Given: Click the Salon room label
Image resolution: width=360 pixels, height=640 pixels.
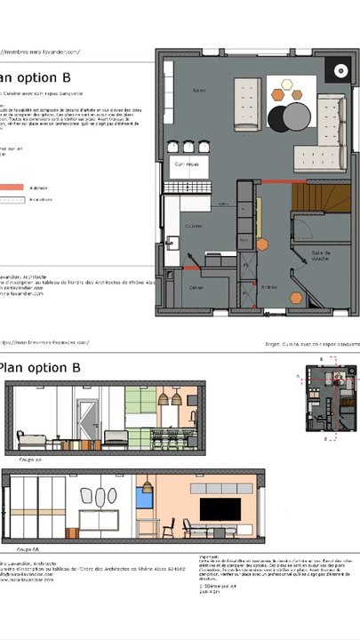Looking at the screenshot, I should point(198,90).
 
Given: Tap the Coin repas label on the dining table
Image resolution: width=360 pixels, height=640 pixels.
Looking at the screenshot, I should point(186,164).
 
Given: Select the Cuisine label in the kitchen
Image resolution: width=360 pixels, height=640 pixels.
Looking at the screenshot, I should point(194,227).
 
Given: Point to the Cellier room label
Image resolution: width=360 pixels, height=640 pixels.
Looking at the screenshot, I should point(197,287).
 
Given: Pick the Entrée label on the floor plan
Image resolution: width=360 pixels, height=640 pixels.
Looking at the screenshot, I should point(268,287).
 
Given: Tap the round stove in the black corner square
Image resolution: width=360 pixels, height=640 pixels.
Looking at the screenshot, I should point(340,71).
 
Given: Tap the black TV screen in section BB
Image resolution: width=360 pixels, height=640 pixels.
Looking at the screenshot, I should point(219,509).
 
